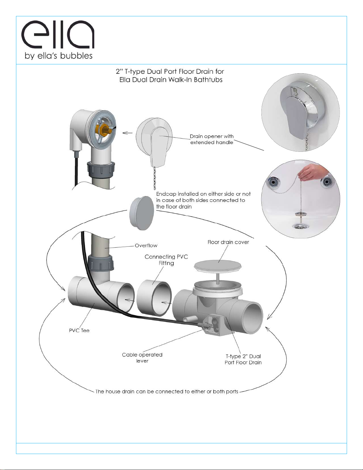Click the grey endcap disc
click(x=142, y=213)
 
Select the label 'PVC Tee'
click(x=79, y=330)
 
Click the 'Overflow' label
click(x=146, y=246)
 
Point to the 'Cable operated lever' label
click(x=142, y=358)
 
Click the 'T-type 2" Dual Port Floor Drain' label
click(x=243, y=359)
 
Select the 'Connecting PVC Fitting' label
click(x=166, y=260)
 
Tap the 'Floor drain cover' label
click(x=228, y=242)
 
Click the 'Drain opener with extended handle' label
click(x=212, y=139)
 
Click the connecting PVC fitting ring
click(x=154, y=298)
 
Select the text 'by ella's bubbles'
click(x=59, y=56)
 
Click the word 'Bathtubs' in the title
click(x=208, y=80)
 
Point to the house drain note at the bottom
click(x=167, y=391)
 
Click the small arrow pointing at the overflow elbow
click(x=127, y=133)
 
